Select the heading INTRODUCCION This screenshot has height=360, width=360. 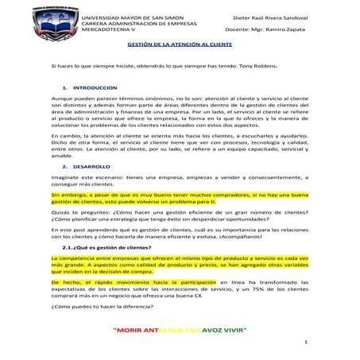point(95,85)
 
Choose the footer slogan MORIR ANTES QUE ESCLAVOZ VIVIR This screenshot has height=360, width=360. point(180,329)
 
